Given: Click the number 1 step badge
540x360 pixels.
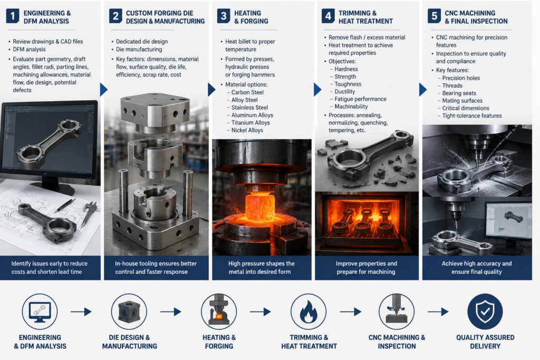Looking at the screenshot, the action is pos(13,16).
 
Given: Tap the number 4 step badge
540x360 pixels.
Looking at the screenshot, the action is pos(328,16).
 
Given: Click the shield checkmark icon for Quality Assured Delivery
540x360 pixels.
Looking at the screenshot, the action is pos(485,312).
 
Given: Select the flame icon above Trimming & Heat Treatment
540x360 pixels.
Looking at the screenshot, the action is pos(308,312).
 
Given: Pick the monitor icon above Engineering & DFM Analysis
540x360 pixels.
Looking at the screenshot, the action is pos(40,312).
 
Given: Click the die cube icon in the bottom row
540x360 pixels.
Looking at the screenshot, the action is pos(129,312).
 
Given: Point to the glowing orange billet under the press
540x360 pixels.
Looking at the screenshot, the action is pos(260,207).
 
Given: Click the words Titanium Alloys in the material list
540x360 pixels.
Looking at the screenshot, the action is pos(250,122).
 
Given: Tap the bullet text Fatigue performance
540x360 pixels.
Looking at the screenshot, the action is pos(360,99).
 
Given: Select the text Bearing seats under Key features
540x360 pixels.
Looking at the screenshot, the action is pos(459,93).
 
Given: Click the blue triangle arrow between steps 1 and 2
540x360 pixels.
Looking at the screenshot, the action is pos(104,90).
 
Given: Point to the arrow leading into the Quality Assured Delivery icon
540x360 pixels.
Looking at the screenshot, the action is pos(438,312).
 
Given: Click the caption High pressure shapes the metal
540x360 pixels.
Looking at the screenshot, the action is pos(261,267).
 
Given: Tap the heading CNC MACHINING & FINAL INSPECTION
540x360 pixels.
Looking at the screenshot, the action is pos(476,17).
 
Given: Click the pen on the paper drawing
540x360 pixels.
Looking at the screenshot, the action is pos(65,206).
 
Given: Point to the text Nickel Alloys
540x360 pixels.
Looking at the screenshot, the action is pos(247,130).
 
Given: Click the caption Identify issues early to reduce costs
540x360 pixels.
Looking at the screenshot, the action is pos(49,267).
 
